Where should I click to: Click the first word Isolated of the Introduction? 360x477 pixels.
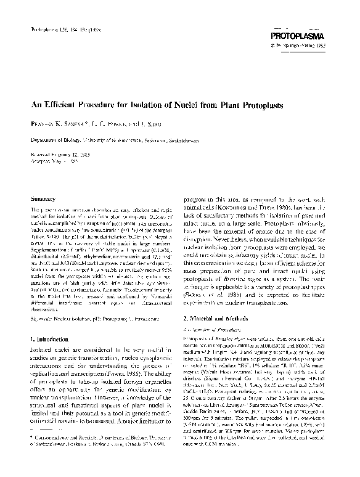(x=41, y=349)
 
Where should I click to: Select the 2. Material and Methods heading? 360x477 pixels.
(x=220, y=318)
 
